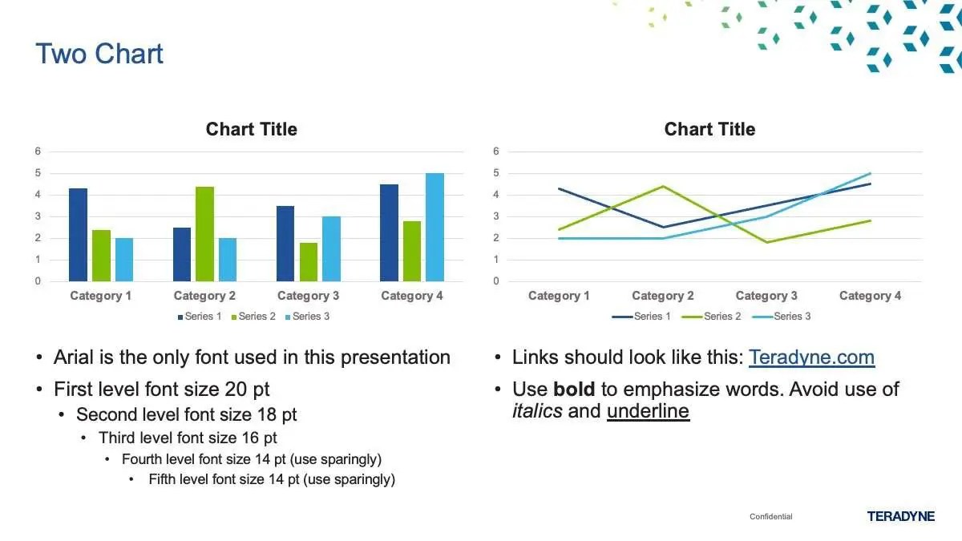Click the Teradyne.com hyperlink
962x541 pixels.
click(x=811, y=357)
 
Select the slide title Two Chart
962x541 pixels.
click(x=99, y=54)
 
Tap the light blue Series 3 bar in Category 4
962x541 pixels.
click(x=435, y=227)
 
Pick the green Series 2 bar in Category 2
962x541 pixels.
click(x=205, y=234)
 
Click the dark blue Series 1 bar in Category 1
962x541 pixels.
click(x=79, y=235)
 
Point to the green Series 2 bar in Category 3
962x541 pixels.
click(x=309, y=262)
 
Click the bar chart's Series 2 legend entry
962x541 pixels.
click(x=253, y=317)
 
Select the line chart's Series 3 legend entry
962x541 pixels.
click(x=782, y=317)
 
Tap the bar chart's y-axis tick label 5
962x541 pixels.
click(x=38, y=173)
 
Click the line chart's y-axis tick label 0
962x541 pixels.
click(x=496, y=281)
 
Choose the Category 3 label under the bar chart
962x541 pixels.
click(x=309, y=296)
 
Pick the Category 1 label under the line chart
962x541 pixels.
click(x=559, y=296)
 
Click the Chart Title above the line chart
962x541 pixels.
click(x=710, y=129)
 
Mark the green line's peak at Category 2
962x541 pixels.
click(x=663, y=186)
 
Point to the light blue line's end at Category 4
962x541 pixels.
click(x=870, y=173)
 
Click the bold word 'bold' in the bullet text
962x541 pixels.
click(x=574, y=389)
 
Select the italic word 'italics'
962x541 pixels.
click(x=537, y=411)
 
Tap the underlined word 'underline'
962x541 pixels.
click(x=648, y=411)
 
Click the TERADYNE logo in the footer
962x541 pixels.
click(x=900, y=516)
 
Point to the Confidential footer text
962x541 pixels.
click(x=771, y=516)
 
